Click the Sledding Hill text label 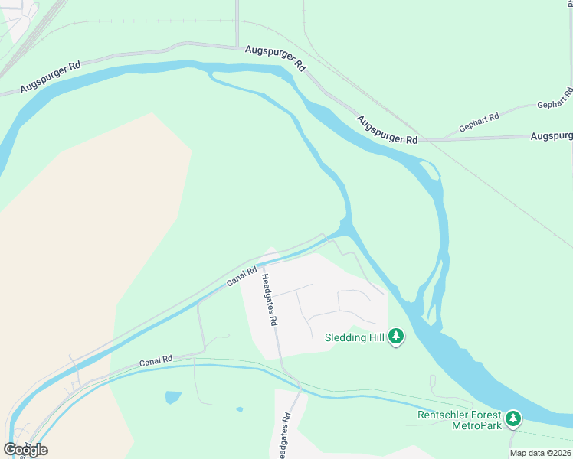pos(355,337)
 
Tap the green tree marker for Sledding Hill pos(396,337)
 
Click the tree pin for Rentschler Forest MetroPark pos(513,418)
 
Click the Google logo pos(25,449)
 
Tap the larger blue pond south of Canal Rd pos(173,397)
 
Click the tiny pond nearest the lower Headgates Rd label pos(239,409)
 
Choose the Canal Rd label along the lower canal pos(156,360)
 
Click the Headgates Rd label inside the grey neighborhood pos(268,300)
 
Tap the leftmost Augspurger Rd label pos(51,77)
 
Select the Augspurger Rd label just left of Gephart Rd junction pos(387,129)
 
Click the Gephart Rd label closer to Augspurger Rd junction pos(479,122)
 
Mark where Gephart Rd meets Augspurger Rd pos(443,139)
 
